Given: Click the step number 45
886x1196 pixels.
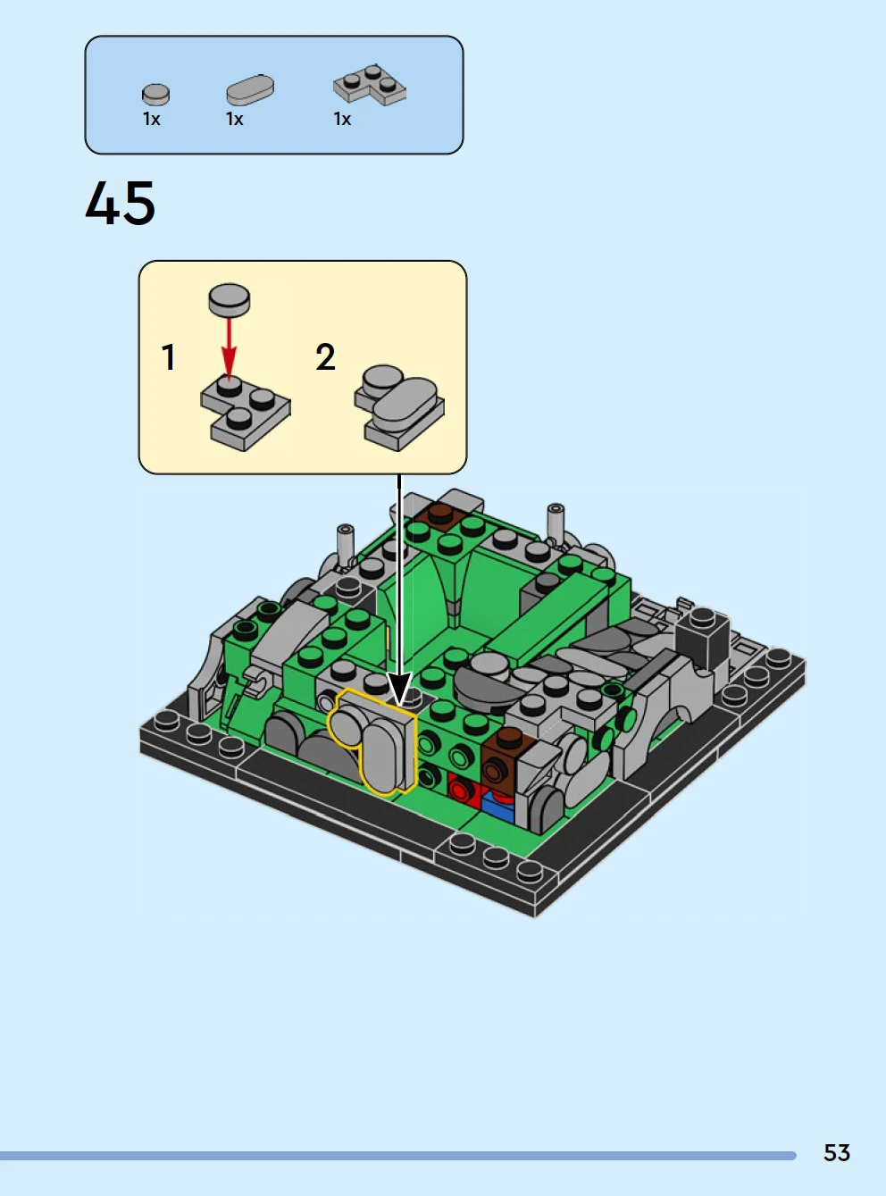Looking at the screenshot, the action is pyautogui.click(x=121, y=203).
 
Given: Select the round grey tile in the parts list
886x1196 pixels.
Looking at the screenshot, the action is pyautogui.click(x=155, y=95).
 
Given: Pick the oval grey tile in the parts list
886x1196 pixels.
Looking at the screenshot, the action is pyautogui.click(x=250, y=90).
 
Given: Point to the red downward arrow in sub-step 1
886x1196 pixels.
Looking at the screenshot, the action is pyautogui.click(x=230, y=347).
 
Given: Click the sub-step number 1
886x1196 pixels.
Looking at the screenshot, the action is pyautogui.click(x=169, y=357).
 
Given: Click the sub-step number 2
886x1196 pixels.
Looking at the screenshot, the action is pyautogui.click(x=325, y=357).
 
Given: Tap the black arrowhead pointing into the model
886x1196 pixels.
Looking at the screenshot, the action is pyautogui.click(x=399, y=688).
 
